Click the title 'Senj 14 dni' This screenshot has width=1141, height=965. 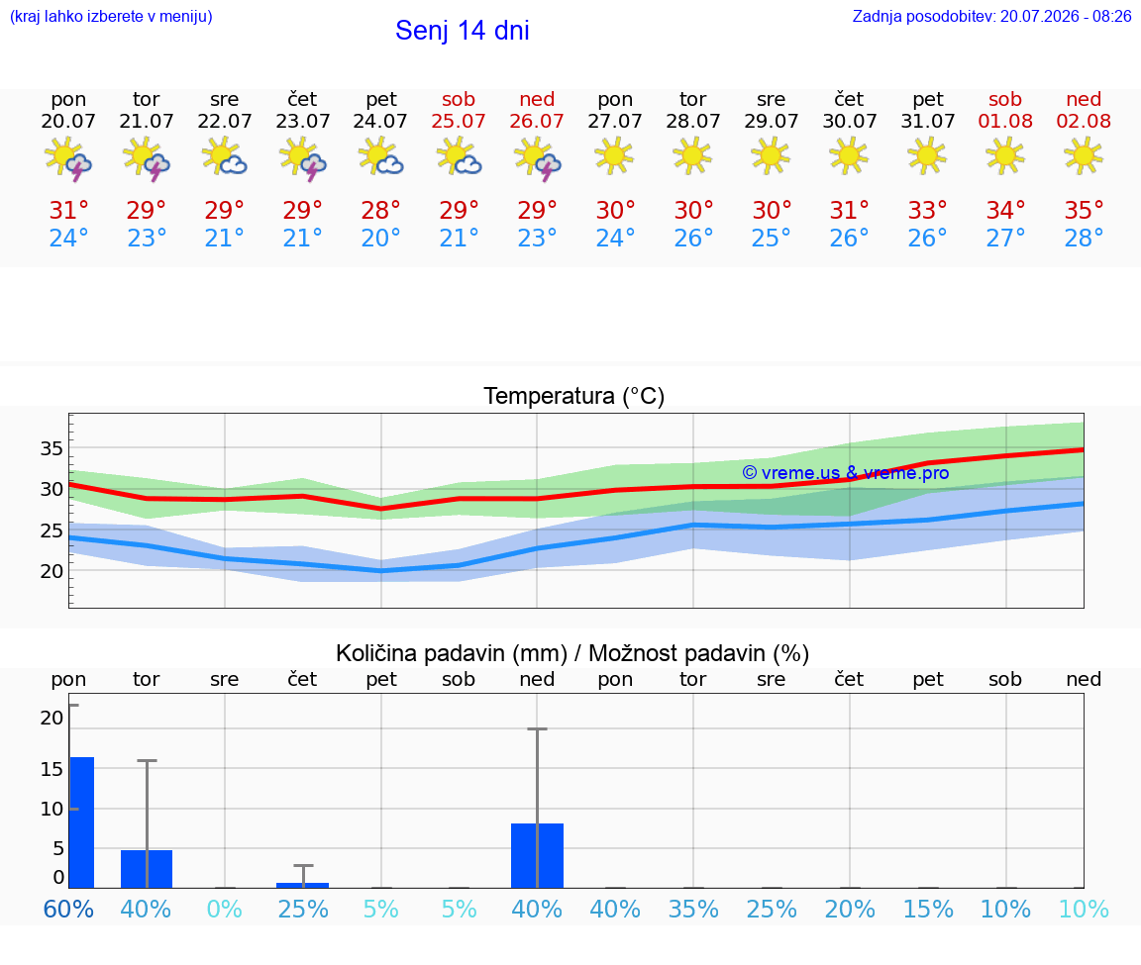click(x=463, y=31)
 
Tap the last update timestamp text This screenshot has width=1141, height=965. click(x=991, y=16)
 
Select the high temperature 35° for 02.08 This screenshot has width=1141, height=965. click(x=1084, y=210)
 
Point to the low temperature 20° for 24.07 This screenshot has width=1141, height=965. click(x=380, y=238)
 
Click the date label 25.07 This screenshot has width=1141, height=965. click(x=459, y=121)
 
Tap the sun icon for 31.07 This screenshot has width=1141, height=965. click(x=927, y=155)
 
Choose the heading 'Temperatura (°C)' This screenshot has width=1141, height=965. click(x=574, y=396)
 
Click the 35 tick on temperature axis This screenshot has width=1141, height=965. click(x=52, y=448)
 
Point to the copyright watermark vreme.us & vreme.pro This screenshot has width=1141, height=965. click(x=846, y=473)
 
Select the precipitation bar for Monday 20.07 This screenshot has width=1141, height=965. click(x=82, y=822)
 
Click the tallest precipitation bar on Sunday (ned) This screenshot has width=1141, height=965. click(x=537, y=856)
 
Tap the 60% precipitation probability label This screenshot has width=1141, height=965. click(x=68, y=909)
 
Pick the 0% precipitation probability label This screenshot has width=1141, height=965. click(x=224, y=909)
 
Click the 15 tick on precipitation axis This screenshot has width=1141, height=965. click(x=52, y=769)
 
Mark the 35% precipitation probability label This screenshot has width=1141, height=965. click(x=692, y=909)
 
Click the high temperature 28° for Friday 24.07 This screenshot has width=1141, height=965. click(x=380, y=210)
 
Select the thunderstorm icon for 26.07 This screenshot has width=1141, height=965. click(x=537, y=158)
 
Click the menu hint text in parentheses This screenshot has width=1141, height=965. click(x=111, y=16)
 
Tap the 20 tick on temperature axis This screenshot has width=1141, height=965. click(x=52, y=572)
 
